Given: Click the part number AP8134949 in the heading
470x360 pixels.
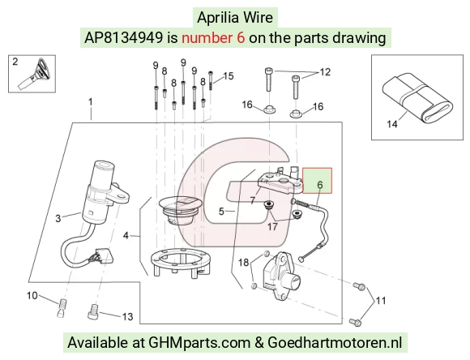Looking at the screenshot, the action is tap(123, 38).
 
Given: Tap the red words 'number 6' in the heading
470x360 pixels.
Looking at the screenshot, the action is tap(213, 38).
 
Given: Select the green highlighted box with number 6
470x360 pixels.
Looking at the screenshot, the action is tap(317, 180).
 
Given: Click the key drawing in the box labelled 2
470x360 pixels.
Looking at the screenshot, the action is tap(36, 74).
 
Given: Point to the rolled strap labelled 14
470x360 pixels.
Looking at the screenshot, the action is tap(417, 98).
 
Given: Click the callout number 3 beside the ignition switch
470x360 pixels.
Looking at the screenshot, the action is tap(58, 218).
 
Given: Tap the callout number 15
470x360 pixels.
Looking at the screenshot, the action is tap(229, 76).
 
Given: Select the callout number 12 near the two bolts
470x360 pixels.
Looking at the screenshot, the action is tap(325, 72).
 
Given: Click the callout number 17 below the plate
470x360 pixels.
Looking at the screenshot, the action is tap(272, 226).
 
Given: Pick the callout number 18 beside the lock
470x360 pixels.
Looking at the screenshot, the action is tap(243, 263).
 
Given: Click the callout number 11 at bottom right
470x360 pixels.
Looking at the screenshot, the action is tap(381, 300).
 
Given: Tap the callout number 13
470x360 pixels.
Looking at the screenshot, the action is tap(127, 316).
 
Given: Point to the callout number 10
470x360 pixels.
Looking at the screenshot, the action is tap(32, 295).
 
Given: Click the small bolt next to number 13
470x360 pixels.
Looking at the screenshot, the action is tap(93, 311).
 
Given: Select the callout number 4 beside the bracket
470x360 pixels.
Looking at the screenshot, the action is tap(126, 235).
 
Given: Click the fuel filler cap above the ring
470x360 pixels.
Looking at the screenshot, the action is tap(178, 210).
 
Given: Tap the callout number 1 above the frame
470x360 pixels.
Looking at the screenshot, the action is tap(91, 102).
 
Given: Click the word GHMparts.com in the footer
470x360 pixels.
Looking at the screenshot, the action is tap(199, 342).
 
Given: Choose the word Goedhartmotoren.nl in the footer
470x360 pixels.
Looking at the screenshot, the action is tap(335, 342).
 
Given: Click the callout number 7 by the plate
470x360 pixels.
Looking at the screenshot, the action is tap(253, 200).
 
